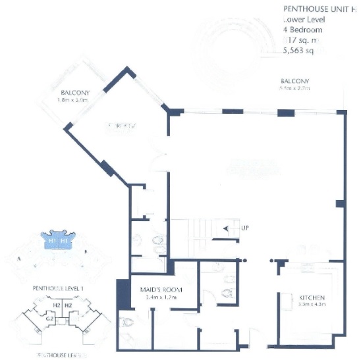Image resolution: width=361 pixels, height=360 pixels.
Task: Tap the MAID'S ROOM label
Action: click(x=161, y=289)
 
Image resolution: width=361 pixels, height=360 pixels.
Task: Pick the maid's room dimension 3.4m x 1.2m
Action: click(x=161, y=297)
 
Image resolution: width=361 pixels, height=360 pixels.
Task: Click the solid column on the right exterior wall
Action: click(x=340, y=204)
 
